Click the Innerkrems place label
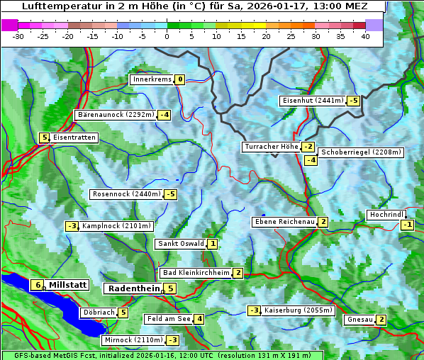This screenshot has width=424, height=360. [152, 79]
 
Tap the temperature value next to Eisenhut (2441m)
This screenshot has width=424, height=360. [353, 101]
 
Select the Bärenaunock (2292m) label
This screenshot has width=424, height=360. [115, 114]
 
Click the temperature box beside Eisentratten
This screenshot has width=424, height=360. [44, 137]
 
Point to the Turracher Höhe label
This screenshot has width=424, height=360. [271, 147]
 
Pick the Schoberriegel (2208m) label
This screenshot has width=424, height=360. [361, 152]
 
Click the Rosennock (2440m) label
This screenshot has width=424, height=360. [126, 194]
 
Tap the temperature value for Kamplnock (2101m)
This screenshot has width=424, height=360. [72, 226]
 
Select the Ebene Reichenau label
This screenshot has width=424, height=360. [284, 222]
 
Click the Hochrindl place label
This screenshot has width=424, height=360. [386, 215]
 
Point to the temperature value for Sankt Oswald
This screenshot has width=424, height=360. [212, 244]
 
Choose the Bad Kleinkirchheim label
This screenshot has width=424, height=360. [196, 273]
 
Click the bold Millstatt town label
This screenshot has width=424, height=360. [67, 285]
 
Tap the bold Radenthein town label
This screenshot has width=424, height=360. [133, 288]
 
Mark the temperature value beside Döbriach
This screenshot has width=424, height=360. [123, 313]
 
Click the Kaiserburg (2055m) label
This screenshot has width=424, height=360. [298, 310]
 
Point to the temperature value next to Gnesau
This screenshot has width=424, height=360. [381, 320]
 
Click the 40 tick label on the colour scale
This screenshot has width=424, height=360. [365, 36]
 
